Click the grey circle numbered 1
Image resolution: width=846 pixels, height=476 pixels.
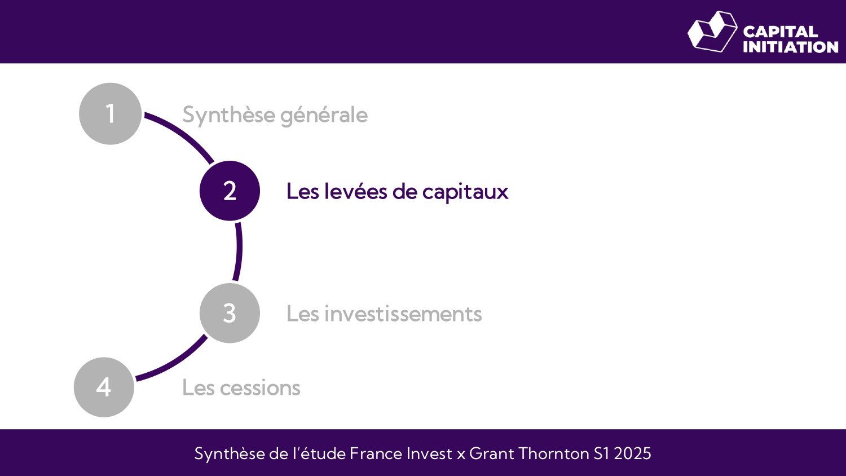110,114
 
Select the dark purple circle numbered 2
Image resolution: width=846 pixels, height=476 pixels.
230,191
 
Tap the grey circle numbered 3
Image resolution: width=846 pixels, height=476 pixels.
230,313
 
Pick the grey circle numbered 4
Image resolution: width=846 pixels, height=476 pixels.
104,387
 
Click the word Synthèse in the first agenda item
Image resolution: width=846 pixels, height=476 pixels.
228,115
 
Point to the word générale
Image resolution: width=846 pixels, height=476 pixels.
324,116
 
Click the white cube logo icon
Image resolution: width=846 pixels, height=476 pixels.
712,32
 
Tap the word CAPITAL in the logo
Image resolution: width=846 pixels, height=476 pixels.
780,32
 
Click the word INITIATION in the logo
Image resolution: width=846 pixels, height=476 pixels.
790,47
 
